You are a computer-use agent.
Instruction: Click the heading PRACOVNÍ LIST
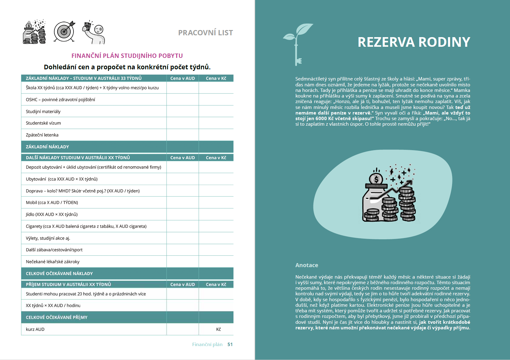205,33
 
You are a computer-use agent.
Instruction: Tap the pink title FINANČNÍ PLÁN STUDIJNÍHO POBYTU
127,56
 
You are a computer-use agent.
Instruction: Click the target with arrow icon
64,31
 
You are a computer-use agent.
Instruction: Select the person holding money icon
94,32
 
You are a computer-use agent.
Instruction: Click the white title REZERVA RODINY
414,42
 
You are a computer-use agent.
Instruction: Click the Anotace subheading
307,265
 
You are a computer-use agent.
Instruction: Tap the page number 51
230,345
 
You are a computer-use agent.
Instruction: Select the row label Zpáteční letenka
42,135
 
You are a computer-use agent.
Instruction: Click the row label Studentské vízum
43,123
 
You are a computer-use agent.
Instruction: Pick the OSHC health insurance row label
60,100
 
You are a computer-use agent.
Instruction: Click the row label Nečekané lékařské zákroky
53,262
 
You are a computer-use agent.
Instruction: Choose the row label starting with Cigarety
86,226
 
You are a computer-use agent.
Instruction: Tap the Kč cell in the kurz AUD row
218,329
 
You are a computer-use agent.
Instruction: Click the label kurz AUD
35,329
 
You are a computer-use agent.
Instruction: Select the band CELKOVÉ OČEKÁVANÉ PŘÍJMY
57,318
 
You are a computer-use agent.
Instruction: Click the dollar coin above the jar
376,179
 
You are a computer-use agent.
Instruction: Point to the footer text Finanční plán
207,345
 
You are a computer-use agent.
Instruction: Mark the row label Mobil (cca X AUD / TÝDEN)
52,203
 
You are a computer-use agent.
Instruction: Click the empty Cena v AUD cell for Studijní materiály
182,111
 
